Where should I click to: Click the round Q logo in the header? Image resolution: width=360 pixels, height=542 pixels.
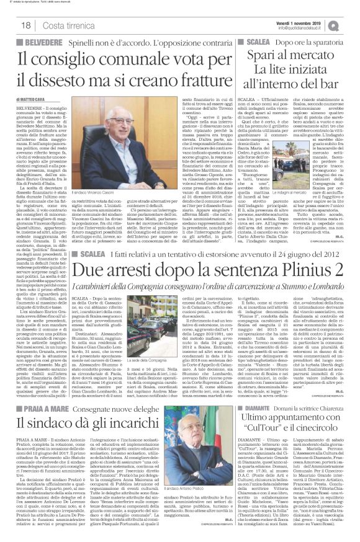pos(351,24)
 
